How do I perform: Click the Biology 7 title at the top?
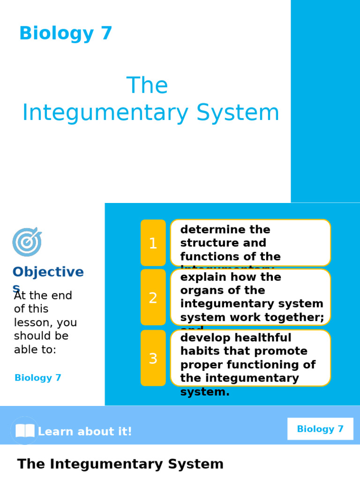tap(66, 34)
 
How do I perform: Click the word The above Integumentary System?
tap(147, 86)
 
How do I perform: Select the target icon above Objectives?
tap(27, 242)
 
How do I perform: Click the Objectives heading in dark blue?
tap(48, 272)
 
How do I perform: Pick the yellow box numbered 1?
tap(153, 243)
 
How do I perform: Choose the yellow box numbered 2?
tap(153, 298)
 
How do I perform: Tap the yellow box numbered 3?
tap(153, 359)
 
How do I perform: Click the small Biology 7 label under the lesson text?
tap(38, 378)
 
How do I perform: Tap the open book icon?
tap(25, 431)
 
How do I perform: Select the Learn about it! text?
tap(85, 432)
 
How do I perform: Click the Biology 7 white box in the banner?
tap(320, 429)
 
